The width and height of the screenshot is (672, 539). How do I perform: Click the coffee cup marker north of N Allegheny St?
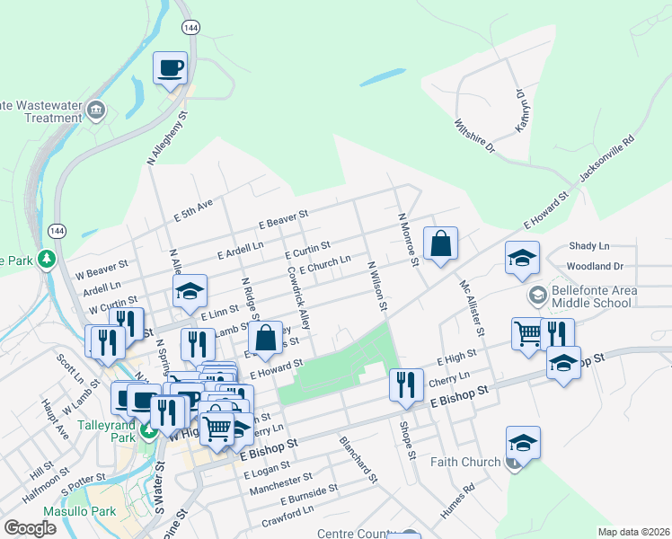click(x=170, y=68)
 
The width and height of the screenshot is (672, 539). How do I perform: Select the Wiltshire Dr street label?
click(x=474, y=136)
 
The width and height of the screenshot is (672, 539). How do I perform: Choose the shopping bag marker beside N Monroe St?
click(x=440, y=244)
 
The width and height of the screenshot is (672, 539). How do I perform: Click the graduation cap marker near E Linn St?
click(x=190, y=292)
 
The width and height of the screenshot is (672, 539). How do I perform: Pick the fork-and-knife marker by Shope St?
click(x=406, y=384)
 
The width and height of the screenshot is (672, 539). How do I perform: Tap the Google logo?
click(x=31, y=528)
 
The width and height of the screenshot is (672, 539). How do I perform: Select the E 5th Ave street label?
click(x=193, y=211)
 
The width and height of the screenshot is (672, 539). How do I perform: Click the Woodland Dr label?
click(x=595, y=267)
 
